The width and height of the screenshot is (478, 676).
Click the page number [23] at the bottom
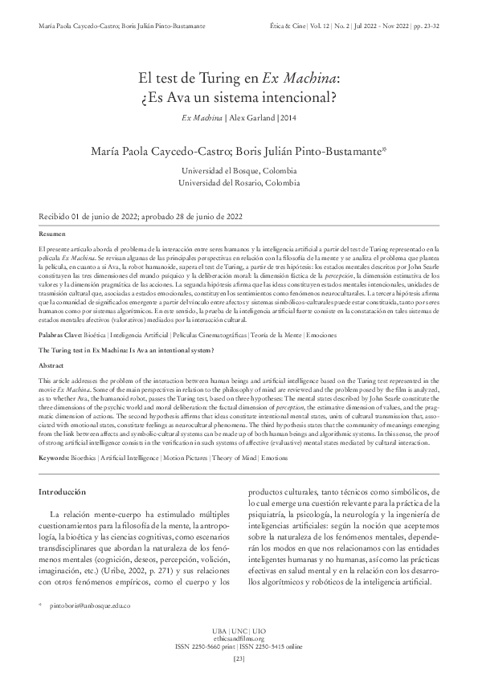[x=239, y=659]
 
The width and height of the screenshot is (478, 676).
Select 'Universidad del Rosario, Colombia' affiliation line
[x=239, y=183]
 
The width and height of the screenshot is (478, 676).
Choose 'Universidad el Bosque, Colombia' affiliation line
[x=239, y=171]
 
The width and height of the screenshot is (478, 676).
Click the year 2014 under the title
[x=288, y=118]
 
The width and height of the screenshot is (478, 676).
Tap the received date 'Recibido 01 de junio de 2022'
[x=88, y=217]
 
